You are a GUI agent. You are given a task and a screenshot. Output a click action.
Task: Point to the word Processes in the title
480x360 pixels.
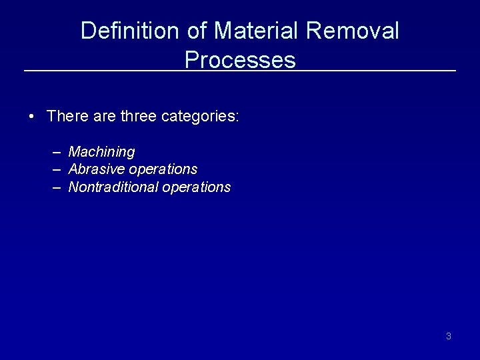tap(240, 60)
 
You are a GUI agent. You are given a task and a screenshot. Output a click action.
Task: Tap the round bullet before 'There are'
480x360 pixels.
tap(32, 117)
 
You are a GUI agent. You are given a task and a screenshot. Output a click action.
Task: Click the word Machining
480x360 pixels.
tap(101, 152)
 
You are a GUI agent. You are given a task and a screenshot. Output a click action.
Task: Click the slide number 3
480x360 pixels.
tap(448, 336)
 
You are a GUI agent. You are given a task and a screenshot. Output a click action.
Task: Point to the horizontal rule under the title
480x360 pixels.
tap(100, 71)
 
